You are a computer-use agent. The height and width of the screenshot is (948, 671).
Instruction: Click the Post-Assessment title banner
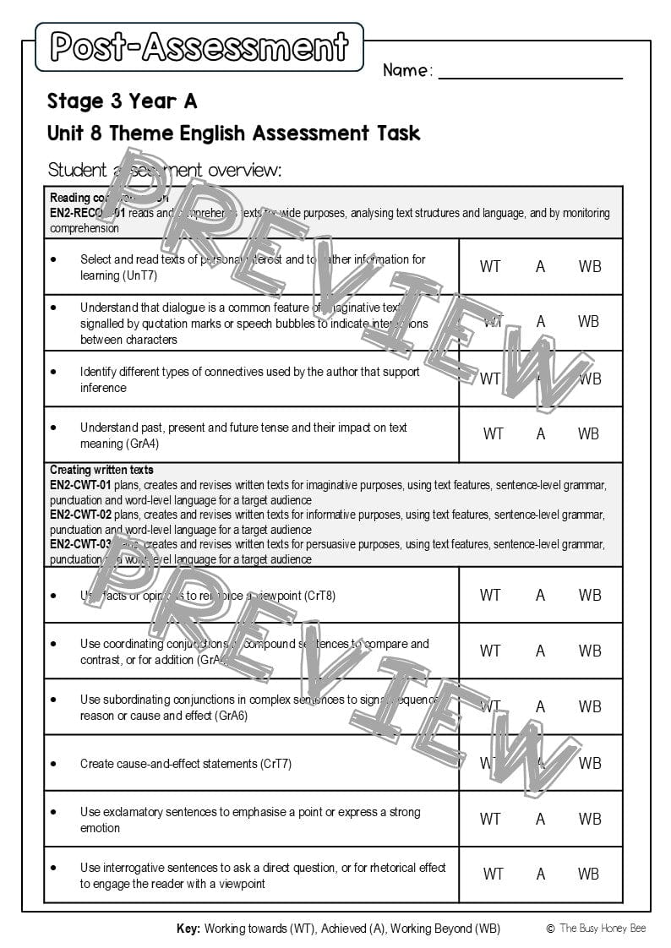(199, 46)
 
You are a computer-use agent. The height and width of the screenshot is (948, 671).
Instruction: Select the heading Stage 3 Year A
(123, 101)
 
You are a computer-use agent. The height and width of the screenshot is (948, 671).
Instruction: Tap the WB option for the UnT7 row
(590, 266)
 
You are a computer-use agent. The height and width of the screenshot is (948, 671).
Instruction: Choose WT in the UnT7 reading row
(490, 266)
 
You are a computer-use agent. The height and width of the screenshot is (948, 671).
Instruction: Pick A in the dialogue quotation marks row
(541, 322)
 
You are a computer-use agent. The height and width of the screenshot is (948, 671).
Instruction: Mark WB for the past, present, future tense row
(588, 433)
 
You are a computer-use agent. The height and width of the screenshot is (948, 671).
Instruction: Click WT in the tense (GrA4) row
(493, 433)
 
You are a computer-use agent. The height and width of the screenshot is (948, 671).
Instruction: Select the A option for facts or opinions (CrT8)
(541, 595)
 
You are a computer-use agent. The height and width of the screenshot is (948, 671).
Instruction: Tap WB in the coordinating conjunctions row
(590, 651)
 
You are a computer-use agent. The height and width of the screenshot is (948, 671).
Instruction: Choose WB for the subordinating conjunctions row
(590, 706)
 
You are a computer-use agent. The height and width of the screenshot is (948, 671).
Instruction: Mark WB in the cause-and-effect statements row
(590, 763)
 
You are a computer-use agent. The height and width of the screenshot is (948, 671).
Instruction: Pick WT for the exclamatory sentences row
(490, 819)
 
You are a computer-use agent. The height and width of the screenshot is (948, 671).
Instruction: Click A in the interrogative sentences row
(541, 874)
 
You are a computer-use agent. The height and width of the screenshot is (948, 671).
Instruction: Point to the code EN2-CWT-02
(80, 514)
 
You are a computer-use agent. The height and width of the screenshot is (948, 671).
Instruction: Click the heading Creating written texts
(101, 470)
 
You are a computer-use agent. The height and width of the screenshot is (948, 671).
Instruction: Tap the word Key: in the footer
(188, 929)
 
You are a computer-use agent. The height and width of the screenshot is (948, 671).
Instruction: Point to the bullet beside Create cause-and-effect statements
(53, 763)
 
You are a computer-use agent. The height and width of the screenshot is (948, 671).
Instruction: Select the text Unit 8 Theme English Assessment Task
(233, 133)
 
